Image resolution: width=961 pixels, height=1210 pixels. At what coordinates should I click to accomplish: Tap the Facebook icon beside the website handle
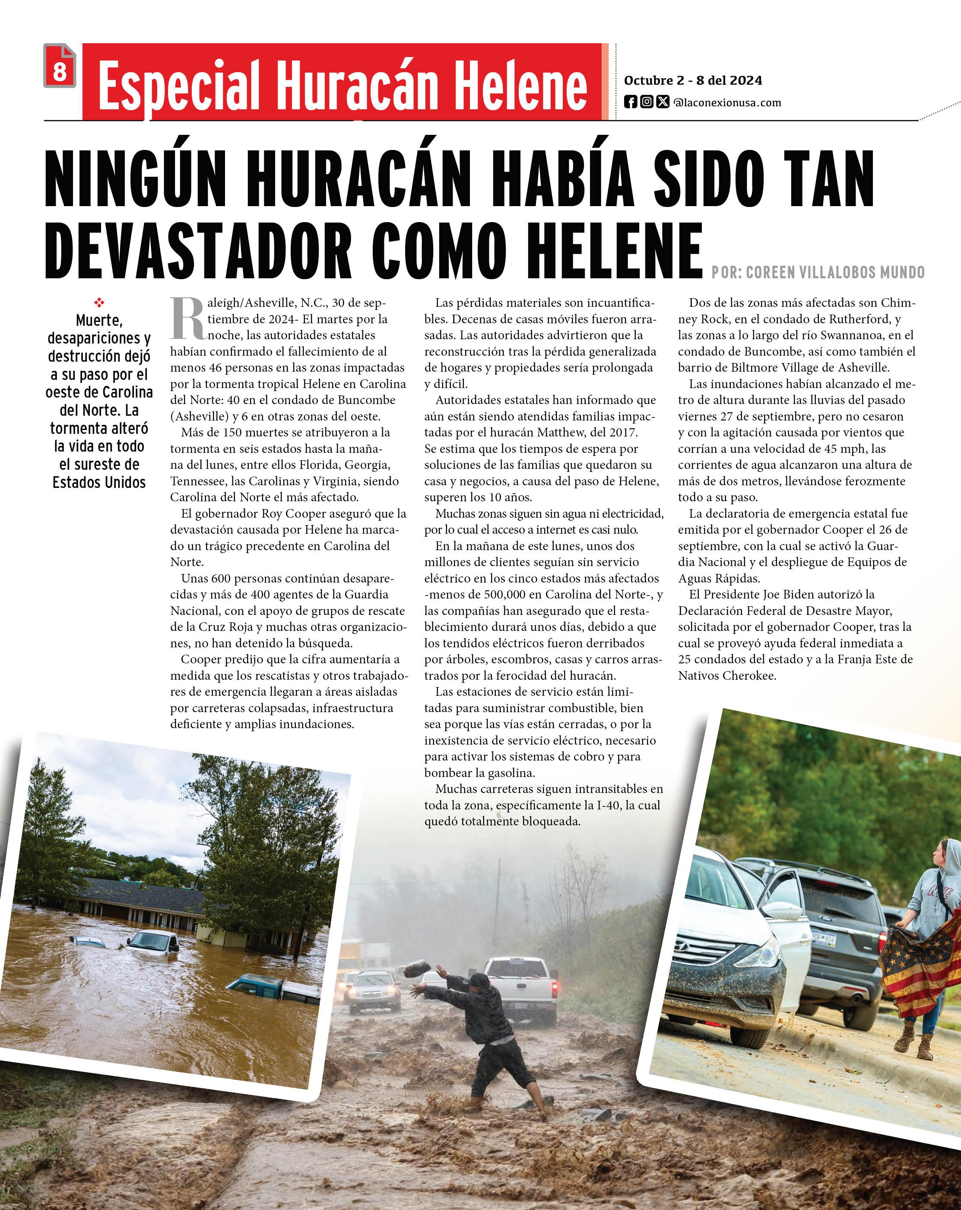point(631,102)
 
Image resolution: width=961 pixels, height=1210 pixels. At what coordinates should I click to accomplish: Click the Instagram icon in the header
point(646,102)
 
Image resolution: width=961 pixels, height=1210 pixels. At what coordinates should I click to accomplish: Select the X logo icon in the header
point(663,102)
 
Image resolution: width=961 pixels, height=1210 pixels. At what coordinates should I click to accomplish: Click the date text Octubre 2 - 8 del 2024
point(693,81)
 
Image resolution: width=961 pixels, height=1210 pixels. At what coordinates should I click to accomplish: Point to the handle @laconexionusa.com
point(727,103)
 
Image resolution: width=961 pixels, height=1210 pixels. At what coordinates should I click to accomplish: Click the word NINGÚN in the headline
point(135,180)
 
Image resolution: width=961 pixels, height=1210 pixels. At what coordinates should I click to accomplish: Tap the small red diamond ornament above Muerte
point(99,303)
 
